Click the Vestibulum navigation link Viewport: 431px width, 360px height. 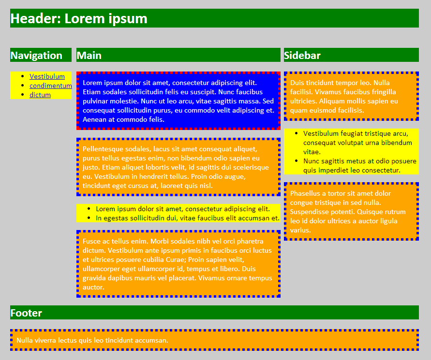coord(47,76)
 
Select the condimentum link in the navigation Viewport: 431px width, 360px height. coord(51,86)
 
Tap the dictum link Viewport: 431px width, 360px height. coord(40,95)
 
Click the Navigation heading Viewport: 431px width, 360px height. coord(36,56)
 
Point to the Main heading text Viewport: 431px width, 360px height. coord(89,56)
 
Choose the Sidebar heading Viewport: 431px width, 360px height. coord(302,56)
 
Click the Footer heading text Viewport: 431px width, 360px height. coord(26,313)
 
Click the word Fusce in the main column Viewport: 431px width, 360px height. coord(91,241)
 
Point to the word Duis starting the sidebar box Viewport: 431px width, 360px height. coord(297,83)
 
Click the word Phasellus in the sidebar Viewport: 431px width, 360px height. coord(305,193)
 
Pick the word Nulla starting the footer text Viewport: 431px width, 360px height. coord(24,340)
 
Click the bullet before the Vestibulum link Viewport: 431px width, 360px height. coord(23,76)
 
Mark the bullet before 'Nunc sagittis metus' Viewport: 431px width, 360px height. coord(297,161)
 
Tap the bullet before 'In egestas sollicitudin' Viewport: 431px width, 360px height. coord(89,218)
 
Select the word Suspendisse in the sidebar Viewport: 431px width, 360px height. coord(309,212)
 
